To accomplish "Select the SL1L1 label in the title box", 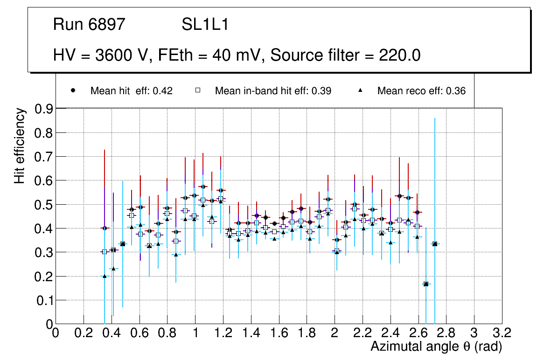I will click(205, 25).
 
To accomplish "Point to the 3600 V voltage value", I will click(122, 55).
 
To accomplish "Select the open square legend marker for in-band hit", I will click(197, 91).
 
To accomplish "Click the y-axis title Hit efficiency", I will click(20, 145).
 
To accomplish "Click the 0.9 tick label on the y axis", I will click(44, 109).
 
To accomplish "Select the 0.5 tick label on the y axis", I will click(44, 205).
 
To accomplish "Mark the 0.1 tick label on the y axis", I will click(44, 300).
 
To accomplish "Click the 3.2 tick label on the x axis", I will click(502, 333).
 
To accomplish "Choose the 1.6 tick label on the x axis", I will click(279, 333).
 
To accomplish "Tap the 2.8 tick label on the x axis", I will click(446, 333).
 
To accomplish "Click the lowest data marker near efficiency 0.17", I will click(426, 284).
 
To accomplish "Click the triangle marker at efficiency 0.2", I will click(105, 276).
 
